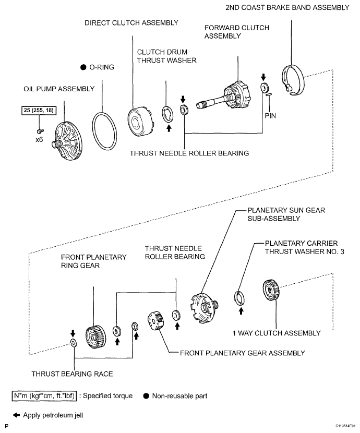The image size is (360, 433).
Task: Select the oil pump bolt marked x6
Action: coord(40,130)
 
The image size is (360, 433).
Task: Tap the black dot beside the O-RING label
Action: coord(83,67)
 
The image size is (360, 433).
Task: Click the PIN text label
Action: coord(270,116)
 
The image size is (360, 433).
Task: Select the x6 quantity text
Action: coord(39,140)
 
